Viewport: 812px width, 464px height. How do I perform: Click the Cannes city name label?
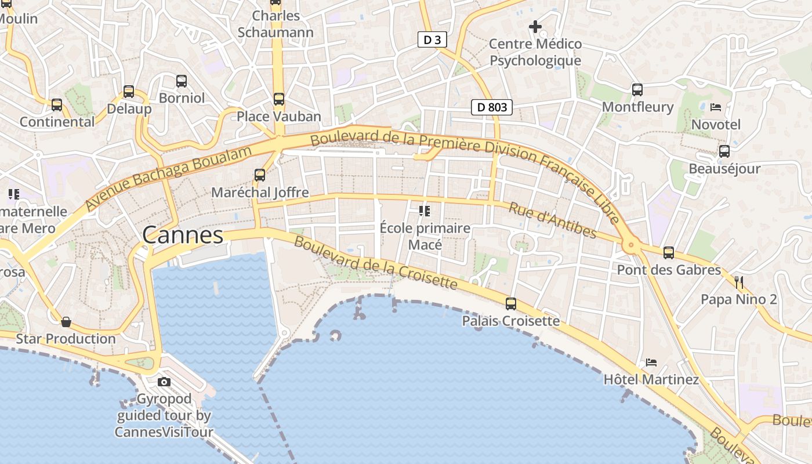tap(183, 235)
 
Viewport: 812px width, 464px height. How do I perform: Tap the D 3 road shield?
tap(433, 40)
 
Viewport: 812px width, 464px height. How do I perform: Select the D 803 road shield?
tap(491, 107)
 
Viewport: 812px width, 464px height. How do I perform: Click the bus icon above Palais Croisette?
tap(511, 303)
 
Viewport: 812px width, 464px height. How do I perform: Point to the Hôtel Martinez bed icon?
tap(651, 362)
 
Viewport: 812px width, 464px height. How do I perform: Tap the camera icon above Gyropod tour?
tap(164, 382)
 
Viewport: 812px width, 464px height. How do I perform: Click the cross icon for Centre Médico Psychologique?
tap(535, 27)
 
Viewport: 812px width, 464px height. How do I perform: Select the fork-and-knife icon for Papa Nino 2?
tap(739, 282)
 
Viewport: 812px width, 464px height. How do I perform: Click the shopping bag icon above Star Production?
tap(66, 321)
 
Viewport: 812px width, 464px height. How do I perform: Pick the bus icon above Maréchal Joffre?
tap(260, 175)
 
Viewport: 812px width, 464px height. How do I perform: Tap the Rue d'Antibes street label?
tap(552, 220)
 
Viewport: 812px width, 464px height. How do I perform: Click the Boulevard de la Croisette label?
tap(375, 263)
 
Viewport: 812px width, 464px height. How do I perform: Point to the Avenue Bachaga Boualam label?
tap(169, 178)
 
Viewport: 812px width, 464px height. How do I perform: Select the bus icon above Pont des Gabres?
tap(669, 252)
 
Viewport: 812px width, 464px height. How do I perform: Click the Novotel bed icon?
tap(716, 107)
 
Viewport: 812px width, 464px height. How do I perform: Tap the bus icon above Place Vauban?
tap(279, 99)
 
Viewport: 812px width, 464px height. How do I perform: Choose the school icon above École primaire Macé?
tap(425, 211)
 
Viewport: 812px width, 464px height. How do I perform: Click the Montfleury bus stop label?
tap(637, 107)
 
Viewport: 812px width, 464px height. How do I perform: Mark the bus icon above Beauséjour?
tap(724, 151)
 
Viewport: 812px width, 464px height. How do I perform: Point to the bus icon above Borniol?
tap(182, 81)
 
